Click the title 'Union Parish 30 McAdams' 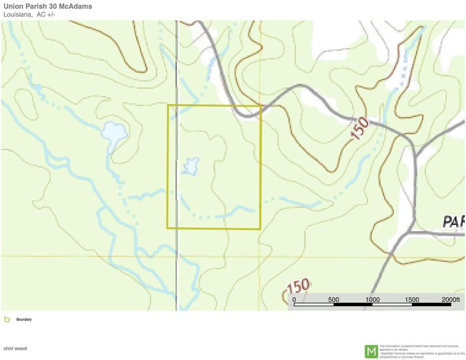click(x=47, y=6)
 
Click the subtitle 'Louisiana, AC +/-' click(x=29, y=14)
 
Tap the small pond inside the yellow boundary click(x=190, y=166)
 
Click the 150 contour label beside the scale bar click(x=298, y=286)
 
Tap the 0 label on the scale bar click(x=294, y=299)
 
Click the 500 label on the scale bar click(x=333, y=299)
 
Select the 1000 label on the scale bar click(x=373, y=299)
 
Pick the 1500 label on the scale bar click(x=412, y=299)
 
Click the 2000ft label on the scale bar click(x=450, y=299)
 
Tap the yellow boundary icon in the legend click(x=7, y=320)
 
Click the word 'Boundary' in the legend click(x=24, y=320)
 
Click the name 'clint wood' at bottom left click(x=15, y=348)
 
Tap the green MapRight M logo click(x=371, y=351)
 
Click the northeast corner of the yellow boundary click(x=261, y=106)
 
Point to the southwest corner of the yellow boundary click(x=168, y=228)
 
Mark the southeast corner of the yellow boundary click(x=261, y=228)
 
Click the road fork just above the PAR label click(x=411, y=231)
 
